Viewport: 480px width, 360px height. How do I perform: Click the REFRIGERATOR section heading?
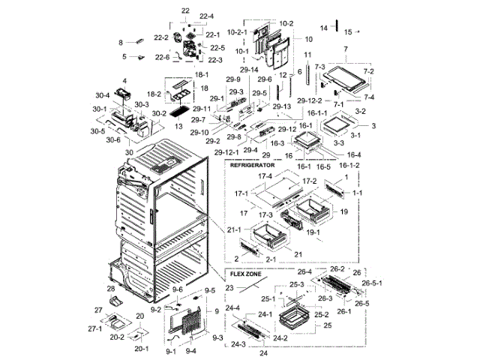[253, 163]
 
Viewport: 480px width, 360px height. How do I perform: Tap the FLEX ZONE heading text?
[244, 275]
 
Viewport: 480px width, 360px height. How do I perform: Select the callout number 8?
[120, 43]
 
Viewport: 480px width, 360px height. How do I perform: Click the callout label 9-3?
[217, 338]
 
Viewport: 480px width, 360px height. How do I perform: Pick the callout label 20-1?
[141, 349]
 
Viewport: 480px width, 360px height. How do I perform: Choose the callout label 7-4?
[369, 97]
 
